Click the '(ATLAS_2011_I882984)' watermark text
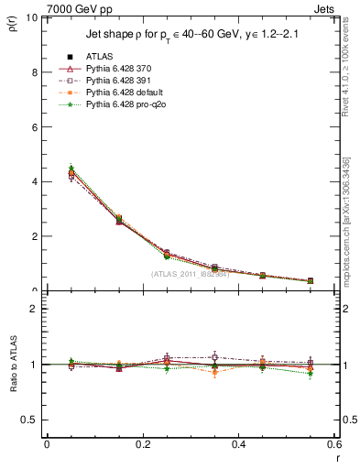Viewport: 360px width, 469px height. click(x=190, y=273)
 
